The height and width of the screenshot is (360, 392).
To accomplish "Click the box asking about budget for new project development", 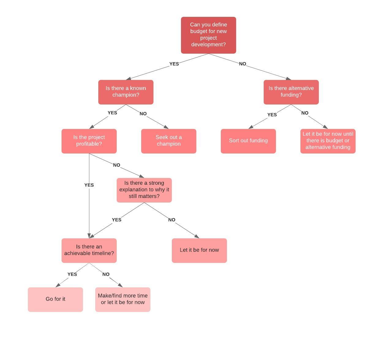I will click(208, 35).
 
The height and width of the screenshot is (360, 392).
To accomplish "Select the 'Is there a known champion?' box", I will click(126, 92).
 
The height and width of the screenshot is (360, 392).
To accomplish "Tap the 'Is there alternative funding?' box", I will click(291, 92).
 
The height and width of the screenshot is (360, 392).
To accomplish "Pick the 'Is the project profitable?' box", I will click(89, 141).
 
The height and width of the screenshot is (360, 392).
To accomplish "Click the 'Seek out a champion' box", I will click(168, 141).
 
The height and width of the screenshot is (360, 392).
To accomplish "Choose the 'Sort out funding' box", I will click(248, 141).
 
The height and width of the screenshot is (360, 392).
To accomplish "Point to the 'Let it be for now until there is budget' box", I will click(328, 141).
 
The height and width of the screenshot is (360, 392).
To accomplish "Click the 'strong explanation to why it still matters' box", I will click(144, 190).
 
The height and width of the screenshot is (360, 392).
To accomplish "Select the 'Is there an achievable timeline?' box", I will click(89, 250).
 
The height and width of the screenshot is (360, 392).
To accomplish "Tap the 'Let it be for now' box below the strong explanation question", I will click(199, 250).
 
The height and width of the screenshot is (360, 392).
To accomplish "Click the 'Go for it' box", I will click(55, 299).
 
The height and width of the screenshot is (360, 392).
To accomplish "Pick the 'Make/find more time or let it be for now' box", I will click(123, 299).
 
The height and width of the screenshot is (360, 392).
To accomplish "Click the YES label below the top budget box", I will click(174, 64).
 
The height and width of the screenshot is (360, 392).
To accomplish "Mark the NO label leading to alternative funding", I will click(242, 64).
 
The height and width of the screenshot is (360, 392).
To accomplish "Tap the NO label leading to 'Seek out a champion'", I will click(143, 114).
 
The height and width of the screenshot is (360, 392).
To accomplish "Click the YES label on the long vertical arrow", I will click(89, 185).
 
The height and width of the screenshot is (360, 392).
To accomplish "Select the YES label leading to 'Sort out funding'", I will click(272, 115).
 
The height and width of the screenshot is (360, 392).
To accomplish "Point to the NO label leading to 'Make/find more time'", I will click(106, 274).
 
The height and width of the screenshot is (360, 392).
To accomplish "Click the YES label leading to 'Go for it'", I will click(72, 274).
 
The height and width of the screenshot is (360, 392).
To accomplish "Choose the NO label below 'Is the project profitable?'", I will click(116, 165).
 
